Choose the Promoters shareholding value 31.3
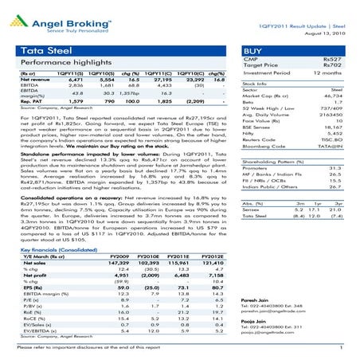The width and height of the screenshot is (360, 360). coord(346,190)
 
